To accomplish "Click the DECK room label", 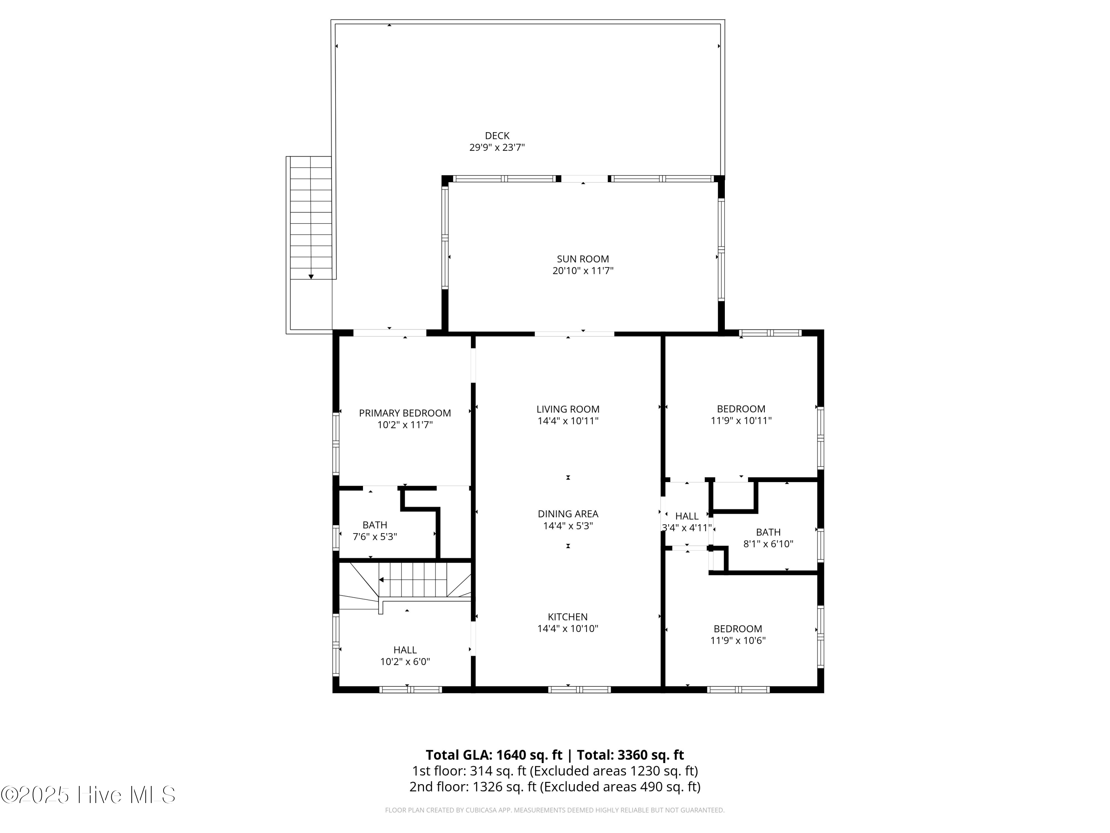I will [497, 136].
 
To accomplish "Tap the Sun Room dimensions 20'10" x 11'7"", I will [583, 271].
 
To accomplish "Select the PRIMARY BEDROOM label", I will [404, 413].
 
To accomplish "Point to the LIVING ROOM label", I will [568, 409].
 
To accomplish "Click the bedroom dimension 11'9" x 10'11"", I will [741, 421].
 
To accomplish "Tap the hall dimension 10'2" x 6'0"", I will [404, 662].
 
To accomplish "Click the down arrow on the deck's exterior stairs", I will [311, 277].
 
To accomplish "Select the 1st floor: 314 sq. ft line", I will [555, 771].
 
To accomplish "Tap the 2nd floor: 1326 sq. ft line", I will [555, 786].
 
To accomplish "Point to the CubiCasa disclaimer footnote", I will [555, 810].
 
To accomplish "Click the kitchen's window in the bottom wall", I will [579, 689].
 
